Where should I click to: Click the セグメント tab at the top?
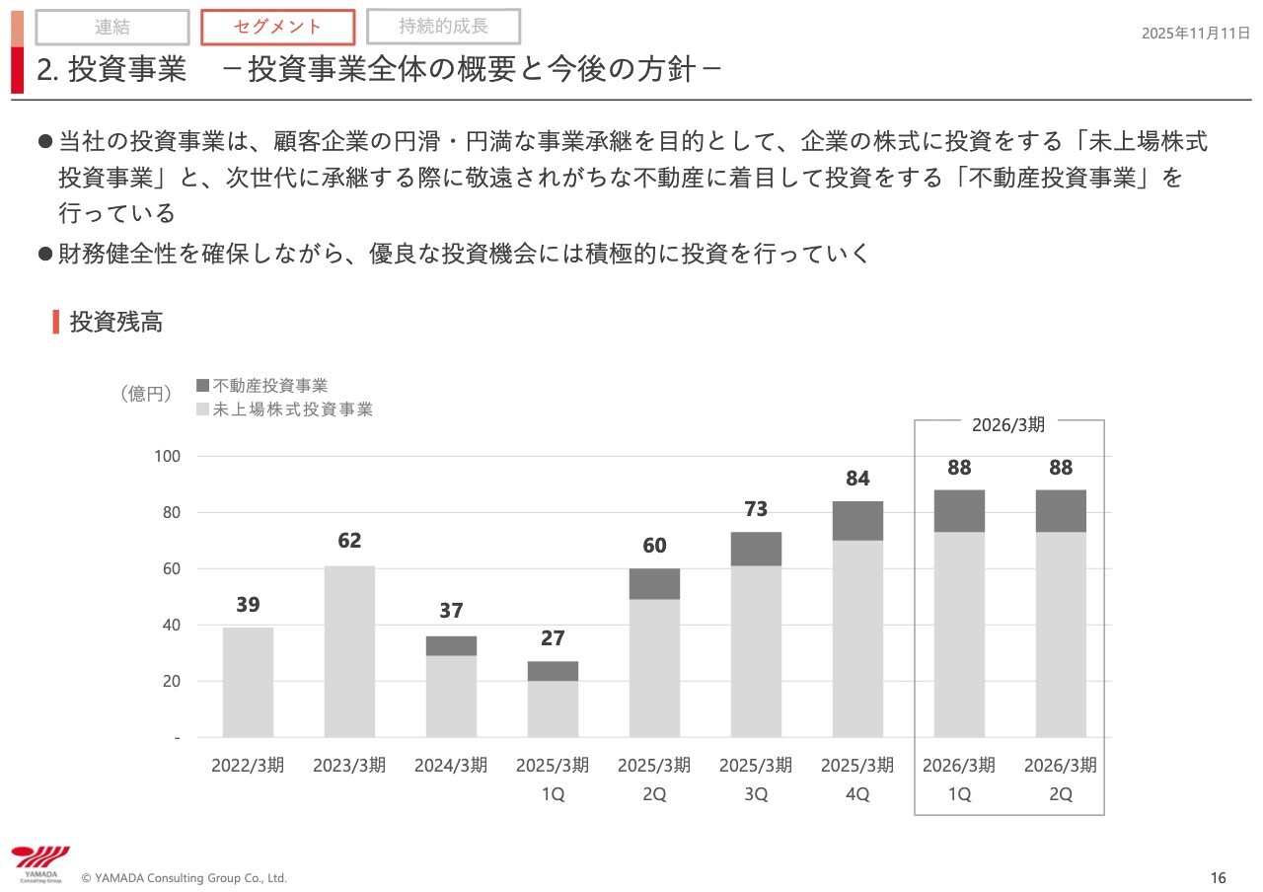[277, 28]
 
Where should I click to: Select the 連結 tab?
[112, 28]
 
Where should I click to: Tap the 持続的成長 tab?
[443, 27]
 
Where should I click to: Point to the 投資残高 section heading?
[115, 322]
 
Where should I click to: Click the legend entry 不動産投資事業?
[269, 386]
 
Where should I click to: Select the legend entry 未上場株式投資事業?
[292, 409]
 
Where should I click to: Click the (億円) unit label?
[145, 394]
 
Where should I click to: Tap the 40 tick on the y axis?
[171, 625]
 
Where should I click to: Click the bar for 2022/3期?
[248, 682]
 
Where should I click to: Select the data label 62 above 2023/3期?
[349, 541]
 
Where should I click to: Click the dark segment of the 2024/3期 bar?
[451, 646]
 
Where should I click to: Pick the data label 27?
[553, 638]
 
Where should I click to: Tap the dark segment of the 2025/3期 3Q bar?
[756, 550]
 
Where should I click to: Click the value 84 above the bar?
[857, 479]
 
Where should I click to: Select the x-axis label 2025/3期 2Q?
[654, 779]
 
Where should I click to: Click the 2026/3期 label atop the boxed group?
[1007, 424]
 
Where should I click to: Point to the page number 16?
[1218, 878]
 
